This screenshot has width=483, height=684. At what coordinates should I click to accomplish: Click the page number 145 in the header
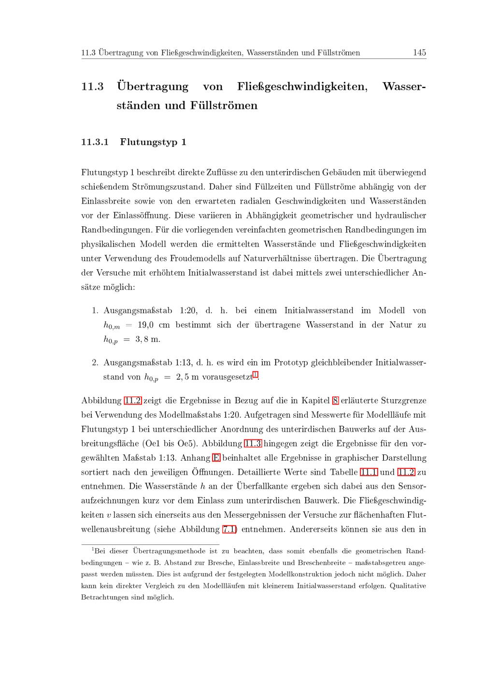[419, 53]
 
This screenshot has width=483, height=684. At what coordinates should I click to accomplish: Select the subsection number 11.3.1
[95, 142]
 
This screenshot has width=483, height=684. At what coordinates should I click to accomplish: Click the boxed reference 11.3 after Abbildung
[253, 443]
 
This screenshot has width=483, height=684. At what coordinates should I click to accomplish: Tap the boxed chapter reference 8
[335, 400]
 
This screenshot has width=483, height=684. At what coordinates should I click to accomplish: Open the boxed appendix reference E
[216, 458]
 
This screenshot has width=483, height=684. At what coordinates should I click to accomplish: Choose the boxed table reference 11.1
[369, 472]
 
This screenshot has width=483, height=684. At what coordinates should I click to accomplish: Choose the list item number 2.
[95, 363]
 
